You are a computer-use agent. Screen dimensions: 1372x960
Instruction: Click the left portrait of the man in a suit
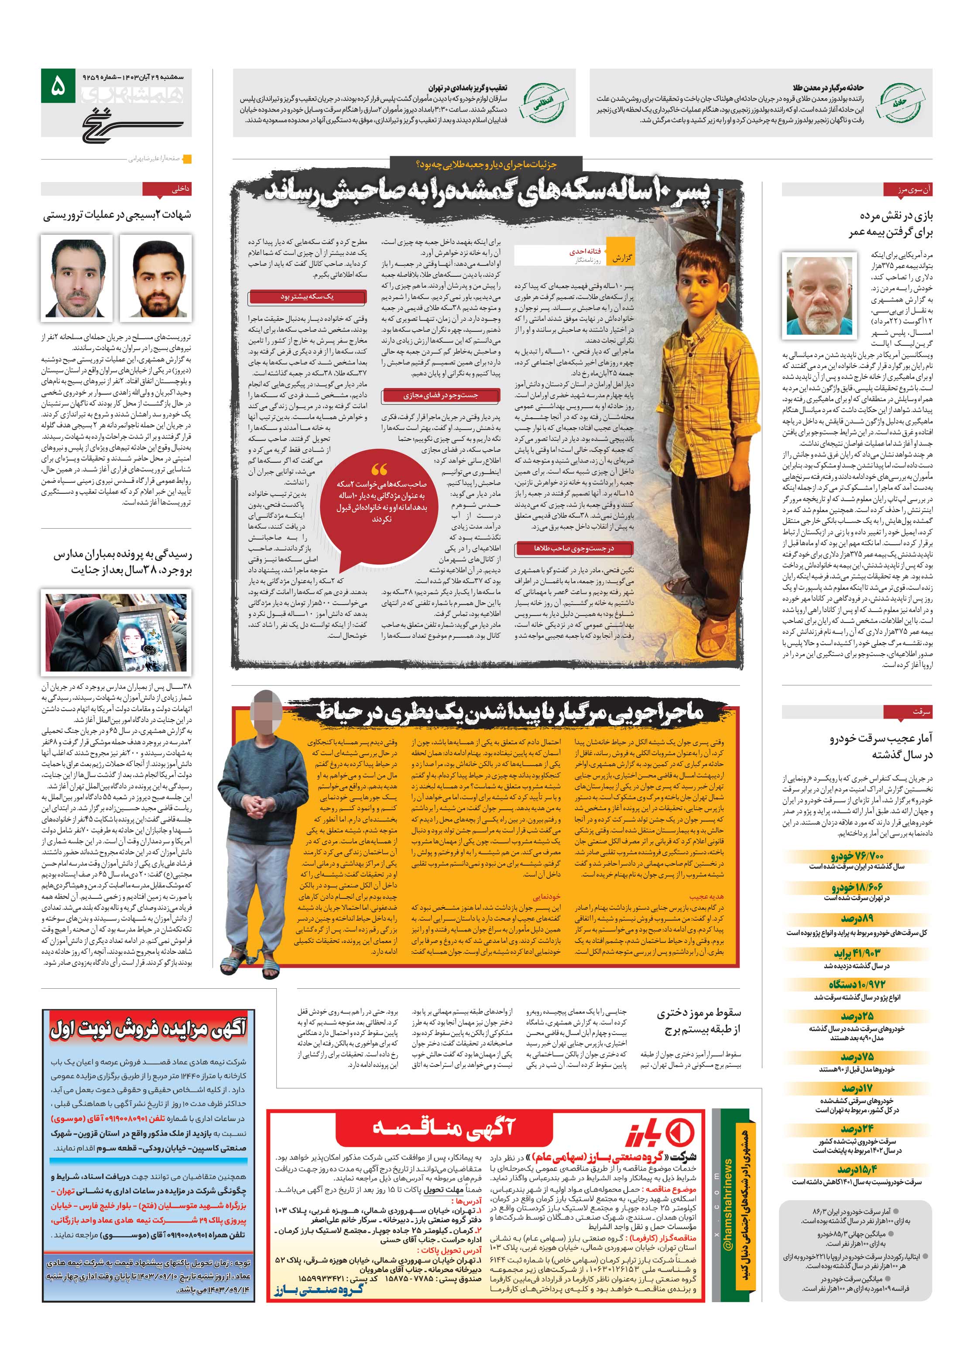76,276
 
